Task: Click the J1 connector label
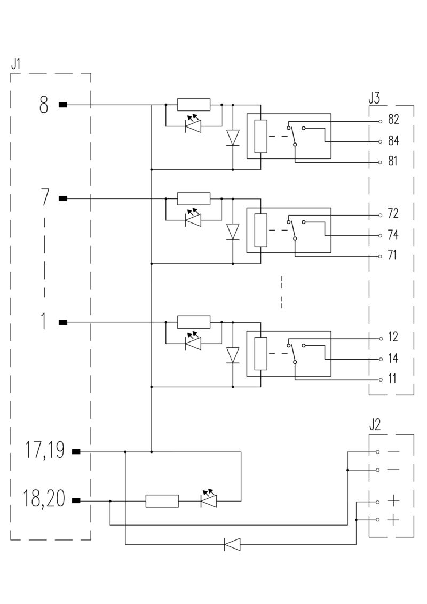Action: point(15,64)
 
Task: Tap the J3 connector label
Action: point(374,98)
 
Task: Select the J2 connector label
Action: point(374,425)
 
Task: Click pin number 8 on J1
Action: point(44,105)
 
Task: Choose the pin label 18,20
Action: point(44,500)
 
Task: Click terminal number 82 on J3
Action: point(393,120)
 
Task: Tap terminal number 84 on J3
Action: point(393,141)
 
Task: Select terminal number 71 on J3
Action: point(393,256)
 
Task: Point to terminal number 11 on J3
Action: point(393,379)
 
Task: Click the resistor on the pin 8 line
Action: point(194,105)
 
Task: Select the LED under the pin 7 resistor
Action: point(193,219)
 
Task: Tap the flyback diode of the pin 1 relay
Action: point(233,354)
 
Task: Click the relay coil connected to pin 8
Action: point(260,137)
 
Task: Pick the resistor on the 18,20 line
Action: point(162,501)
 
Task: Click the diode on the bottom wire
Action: point(232,544)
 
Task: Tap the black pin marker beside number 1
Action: point(63,322)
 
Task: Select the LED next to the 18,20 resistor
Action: point(208,500)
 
